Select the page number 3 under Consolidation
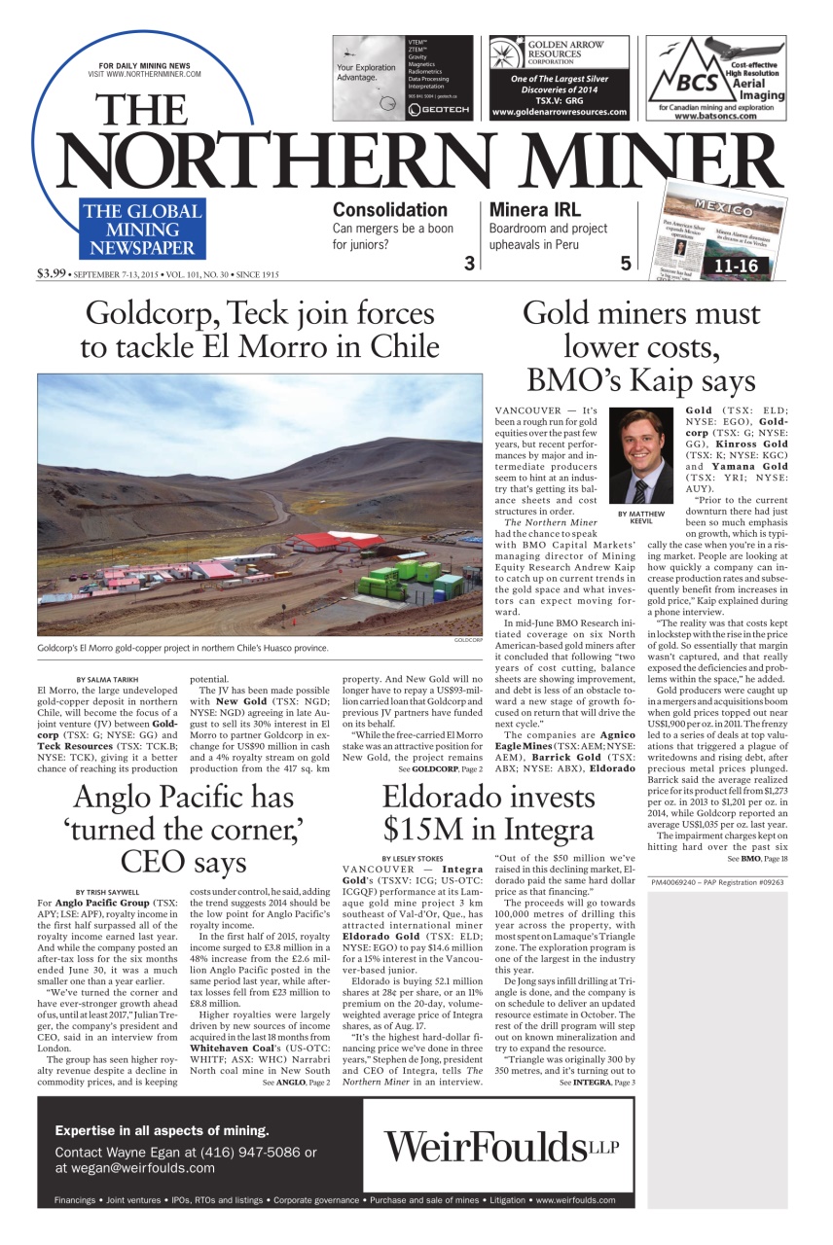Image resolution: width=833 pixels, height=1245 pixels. tap(468, 263)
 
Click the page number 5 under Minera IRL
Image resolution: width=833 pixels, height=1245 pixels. tap(626, 263)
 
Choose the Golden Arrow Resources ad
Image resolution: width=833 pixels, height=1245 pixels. tap(559, 77)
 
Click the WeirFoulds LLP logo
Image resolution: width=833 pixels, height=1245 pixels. tap(494, 1146)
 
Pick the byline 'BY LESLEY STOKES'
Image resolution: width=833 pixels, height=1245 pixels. tap(413, 857)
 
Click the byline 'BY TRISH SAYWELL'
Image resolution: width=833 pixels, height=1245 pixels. tap(107, 892)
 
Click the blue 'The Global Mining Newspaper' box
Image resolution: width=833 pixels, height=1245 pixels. tap(141, 228)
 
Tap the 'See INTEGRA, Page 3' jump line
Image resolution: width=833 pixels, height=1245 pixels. tap(598, 1082)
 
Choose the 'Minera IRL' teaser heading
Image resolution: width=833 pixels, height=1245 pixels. tap(534, 209)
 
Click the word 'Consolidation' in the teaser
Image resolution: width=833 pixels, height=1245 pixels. tap(389, 209)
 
